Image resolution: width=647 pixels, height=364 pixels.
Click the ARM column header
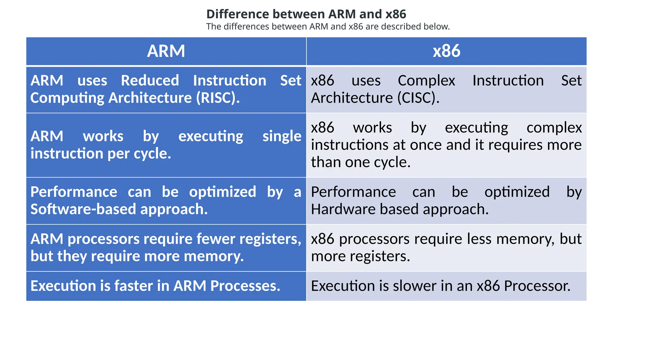point(166,51)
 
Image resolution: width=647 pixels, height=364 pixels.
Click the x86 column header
point(446,51)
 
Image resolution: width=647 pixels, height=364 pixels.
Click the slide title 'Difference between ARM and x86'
point(306,14)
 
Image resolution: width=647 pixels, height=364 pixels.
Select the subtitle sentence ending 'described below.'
point(328,27)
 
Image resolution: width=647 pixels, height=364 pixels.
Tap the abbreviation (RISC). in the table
point(218,98)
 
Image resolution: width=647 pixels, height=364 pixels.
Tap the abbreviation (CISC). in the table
point(418,98)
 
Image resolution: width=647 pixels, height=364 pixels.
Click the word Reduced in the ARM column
point(150,81)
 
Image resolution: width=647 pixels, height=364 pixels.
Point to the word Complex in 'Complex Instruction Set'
point(426,81)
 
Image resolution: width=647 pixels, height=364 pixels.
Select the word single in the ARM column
point(282,136)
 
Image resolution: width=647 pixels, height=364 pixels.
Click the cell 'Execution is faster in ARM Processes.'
point(166,286)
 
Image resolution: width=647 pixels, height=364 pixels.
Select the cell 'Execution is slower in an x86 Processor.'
point(446,286)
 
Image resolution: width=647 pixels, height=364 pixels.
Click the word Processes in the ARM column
point(245,286)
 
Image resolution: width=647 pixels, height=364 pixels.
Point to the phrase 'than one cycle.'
point(360,162)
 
